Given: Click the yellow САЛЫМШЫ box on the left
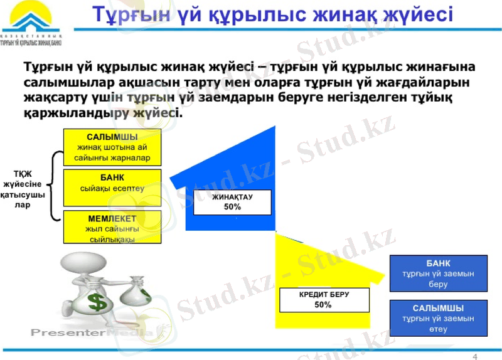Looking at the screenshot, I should pyautogui.click(x=112, y=147).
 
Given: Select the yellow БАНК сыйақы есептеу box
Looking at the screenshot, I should pyautogui.click(x=112, y=187).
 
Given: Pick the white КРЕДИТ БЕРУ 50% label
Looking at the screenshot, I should pyautogui.click(x=323, y=299).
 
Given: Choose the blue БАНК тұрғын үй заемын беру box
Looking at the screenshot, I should pyautogui.click(x=438, y=273).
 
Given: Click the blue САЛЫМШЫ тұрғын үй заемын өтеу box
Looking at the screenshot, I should pyautogui.click(x=438, y=318).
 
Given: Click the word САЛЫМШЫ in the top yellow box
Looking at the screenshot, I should pyautogui.click(x=112, y=137).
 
